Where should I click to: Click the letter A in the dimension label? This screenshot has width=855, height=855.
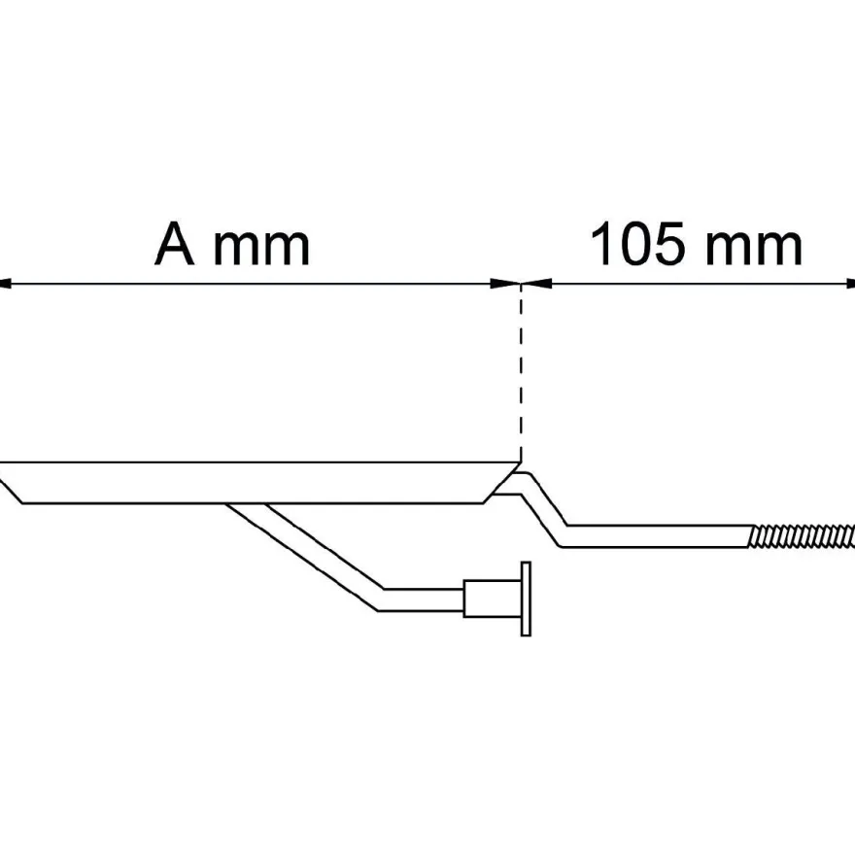click(175, 244)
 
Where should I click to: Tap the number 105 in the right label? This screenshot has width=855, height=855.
click(637, 244)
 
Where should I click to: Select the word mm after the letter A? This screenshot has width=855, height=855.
click(261, 249)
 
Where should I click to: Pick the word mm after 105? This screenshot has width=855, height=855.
click(754, 249)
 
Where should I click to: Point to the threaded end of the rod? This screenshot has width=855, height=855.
click(802, 536)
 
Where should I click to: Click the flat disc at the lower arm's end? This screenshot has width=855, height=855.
click(527, 598)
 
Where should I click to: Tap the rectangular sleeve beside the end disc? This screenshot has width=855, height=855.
click(493, 598)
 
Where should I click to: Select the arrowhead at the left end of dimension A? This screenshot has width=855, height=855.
click(5, 284)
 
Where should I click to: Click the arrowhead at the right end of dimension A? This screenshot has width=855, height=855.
click(505, 284)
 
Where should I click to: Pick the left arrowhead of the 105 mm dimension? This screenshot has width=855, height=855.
click(536, 284)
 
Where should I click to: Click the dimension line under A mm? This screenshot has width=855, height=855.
click(260, 284)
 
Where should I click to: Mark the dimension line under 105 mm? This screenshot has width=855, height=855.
click(688, 284)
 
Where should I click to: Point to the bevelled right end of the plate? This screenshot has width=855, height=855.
click(501, 483)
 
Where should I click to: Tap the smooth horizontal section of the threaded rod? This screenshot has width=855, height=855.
click(657, 536)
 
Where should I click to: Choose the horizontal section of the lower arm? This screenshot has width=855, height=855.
click(422, 599)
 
